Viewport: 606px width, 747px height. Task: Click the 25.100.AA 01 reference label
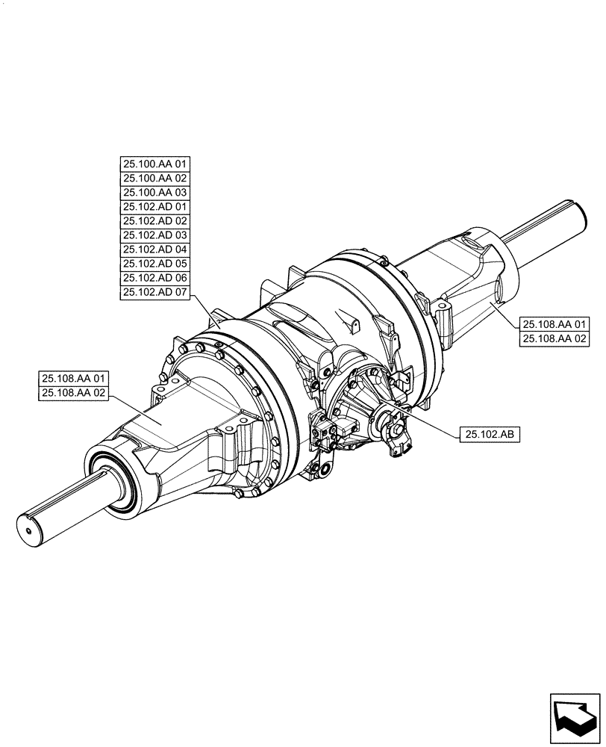pos(155,164)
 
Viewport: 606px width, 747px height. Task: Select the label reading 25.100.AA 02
pos(155,179)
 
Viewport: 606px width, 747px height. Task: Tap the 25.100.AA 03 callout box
pos(155,193)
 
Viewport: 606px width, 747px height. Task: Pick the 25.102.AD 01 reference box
pos(155,207)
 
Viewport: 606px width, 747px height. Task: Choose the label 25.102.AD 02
pos(155,221)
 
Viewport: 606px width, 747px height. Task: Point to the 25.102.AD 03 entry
pos(155,235)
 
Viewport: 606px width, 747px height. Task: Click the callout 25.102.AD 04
pos(155,249)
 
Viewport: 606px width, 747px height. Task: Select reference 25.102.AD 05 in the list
pos(155,264)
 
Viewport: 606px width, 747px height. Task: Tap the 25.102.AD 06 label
pos(155,278)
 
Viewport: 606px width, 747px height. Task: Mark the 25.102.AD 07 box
pos(155,292)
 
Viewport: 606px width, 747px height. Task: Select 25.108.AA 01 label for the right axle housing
pos(556,323)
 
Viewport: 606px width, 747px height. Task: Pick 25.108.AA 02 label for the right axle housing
pos(556,338)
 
